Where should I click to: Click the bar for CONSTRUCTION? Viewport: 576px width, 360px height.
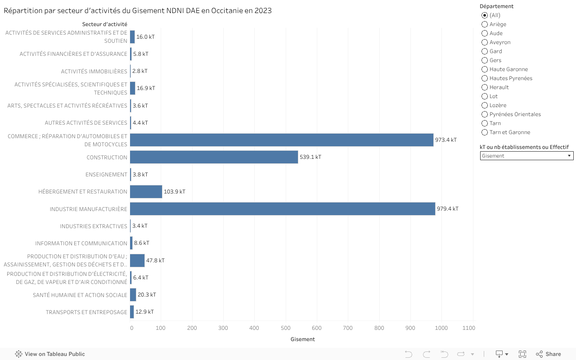214,157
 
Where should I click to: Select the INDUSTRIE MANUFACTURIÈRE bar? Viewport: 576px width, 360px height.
283,209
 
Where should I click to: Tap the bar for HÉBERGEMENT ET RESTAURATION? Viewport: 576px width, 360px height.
146,192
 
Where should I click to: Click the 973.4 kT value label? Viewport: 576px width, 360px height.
445,140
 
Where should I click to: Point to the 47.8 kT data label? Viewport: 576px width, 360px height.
155,261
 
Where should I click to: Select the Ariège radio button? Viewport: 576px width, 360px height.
485,24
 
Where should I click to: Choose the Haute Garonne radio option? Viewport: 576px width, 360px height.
485,69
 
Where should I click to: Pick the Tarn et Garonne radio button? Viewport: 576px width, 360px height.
485,132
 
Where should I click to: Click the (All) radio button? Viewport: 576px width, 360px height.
485,15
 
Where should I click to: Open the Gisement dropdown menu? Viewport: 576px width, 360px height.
526,156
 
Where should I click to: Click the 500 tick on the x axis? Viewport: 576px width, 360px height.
285,328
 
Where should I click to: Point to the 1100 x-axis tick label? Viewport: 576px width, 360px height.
468,328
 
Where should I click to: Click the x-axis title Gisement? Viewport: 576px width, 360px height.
302,339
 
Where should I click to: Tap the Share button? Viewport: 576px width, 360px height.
548,354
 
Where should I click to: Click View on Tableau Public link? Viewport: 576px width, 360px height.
50,354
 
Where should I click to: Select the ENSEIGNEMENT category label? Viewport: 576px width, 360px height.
106,175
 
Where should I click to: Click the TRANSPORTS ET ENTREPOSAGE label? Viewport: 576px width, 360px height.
86,312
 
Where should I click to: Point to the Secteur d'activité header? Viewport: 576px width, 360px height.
104,24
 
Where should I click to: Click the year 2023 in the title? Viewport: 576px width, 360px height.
263,10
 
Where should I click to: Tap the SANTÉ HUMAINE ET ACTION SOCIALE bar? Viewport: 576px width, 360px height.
133,295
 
